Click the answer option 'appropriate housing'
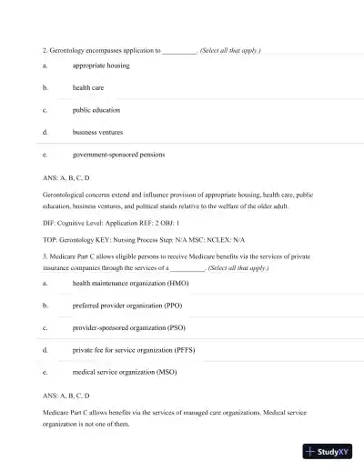click(100, 65)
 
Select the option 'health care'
click(89, 88)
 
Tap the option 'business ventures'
click(97, 132)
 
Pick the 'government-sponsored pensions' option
click(118, 155)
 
